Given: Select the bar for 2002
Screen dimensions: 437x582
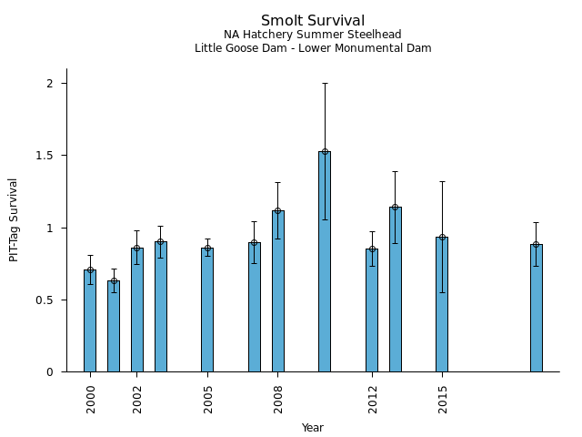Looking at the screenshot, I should (x=137, y=310).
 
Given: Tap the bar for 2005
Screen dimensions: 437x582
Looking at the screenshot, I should (x=207, y=310).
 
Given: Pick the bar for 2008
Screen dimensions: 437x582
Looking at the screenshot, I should (x=278, y=291).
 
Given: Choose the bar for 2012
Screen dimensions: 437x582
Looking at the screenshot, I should (x=372, y=310).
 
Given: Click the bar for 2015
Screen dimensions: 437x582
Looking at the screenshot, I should (x=442, y=304).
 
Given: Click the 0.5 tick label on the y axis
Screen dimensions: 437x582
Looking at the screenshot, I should (x=46, y=300).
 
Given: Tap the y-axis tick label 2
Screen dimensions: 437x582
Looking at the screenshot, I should (x=52, y=84).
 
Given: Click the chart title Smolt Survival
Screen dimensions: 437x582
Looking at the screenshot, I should (x=313, y=21).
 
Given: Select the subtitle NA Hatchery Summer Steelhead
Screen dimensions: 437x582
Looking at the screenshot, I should (x=313, y=35).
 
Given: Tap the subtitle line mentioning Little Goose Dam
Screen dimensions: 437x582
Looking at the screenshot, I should (x=313, y=48).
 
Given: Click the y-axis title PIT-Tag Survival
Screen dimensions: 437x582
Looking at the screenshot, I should (x=14, y=219).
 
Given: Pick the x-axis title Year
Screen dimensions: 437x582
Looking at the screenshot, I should (x=313, y=428).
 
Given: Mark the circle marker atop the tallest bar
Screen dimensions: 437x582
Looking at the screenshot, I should (x=325, y=152).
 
